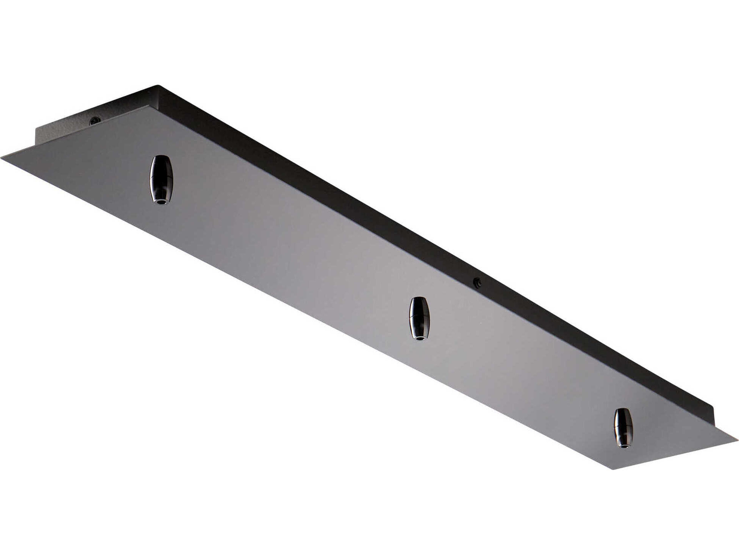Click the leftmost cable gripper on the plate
[161, 180]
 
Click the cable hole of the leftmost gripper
[161, 202]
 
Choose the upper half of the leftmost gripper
[161, 167]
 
